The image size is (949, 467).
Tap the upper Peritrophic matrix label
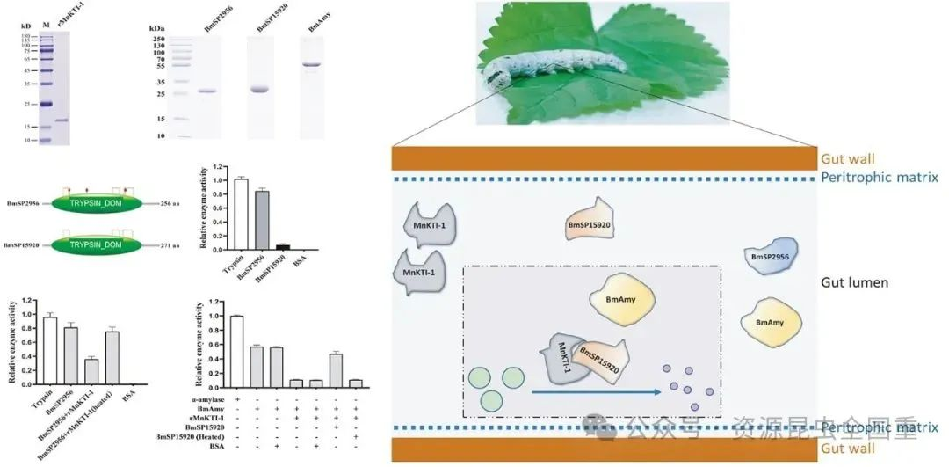(x=879, y=177)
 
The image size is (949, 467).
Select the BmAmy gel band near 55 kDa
(x=314, y=64)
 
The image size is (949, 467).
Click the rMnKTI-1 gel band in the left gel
(x=62, y=120)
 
